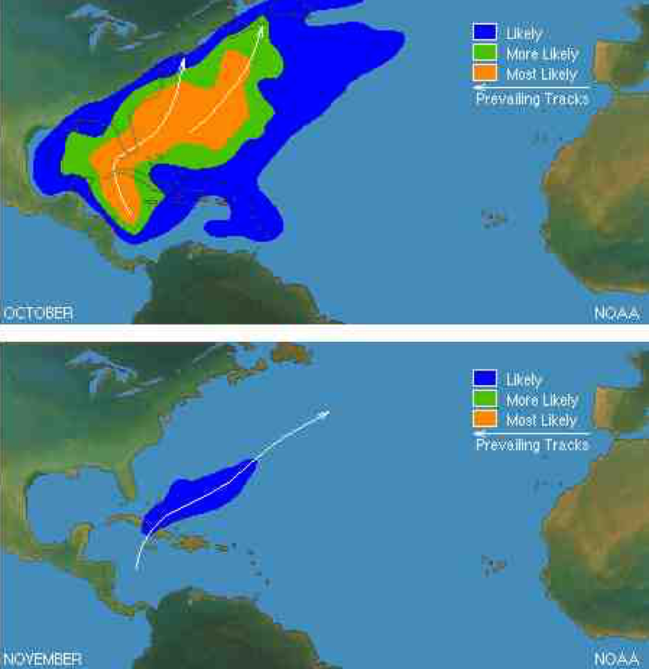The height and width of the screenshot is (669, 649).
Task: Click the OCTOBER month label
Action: tap(37, 313)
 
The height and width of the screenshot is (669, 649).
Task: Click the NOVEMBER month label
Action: tap(42, 659)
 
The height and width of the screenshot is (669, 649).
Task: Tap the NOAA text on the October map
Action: tap(616, 313)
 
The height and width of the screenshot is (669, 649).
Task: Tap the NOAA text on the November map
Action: tap(616, 659)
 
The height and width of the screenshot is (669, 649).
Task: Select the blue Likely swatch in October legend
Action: tap(484, 32)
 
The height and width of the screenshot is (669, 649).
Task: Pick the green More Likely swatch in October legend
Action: tap(484, 52)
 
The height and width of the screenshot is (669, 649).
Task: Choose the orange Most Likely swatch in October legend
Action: tap(484, 72)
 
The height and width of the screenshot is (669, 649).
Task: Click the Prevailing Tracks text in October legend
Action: tap(532, 99)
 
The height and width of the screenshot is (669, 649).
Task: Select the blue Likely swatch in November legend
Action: tap(484, 379)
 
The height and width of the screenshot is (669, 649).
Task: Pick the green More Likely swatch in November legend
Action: tap(484, 399)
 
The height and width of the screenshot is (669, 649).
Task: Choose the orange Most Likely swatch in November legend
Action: tap(484, 419)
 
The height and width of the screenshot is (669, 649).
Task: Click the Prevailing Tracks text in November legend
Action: tap(532, 445)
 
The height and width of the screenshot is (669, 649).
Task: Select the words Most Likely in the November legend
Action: tap(541, 420)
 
